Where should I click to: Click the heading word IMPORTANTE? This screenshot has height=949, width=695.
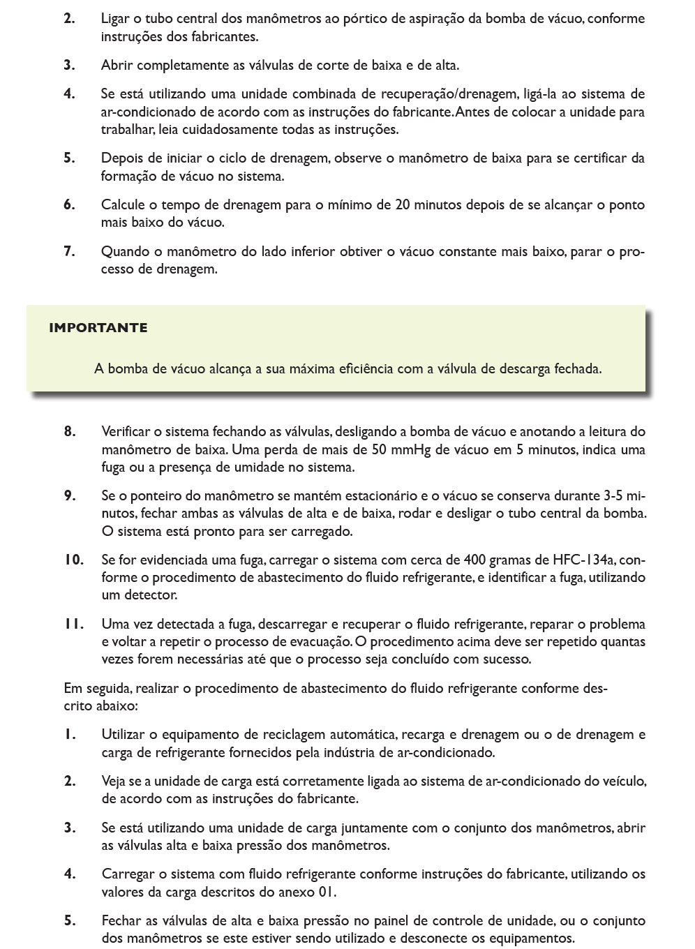coord(98,328)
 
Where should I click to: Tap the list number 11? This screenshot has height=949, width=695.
coord(73,624)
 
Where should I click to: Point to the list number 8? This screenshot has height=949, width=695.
coord(70,431)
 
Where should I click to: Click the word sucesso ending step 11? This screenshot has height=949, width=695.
coord(508,659)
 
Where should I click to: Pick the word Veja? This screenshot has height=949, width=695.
coord(114,781)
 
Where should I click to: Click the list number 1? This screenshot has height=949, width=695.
coord(69,734)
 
